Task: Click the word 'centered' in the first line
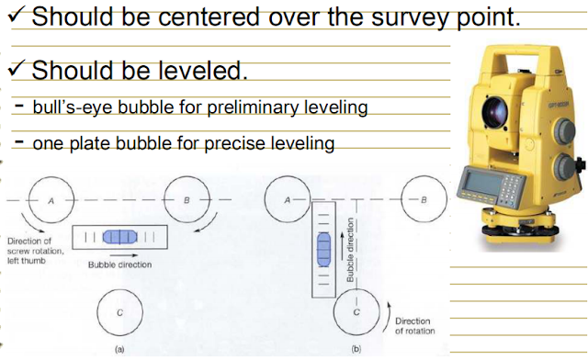pos(243,17)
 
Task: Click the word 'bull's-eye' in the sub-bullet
pos(69,108)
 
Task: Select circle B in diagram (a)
pos(187,198)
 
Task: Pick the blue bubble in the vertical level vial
pos(322,249)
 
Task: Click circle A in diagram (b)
pos(286,198)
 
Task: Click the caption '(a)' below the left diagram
pos(119,350)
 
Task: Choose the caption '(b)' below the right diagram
pos(355,350)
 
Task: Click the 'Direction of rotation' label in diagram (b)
pos(415,326)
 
